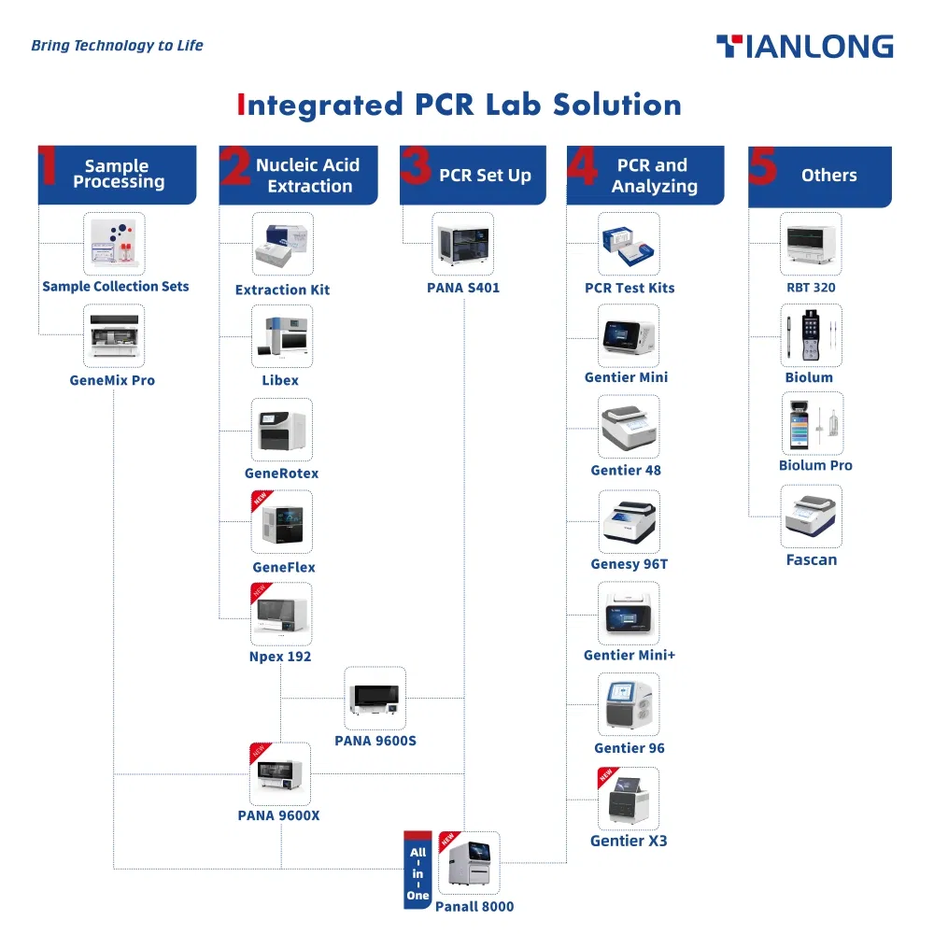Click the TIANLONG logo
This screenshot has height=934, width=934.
pos(804,47)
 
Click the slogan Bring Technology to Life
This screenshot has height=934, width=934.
pos(117,45)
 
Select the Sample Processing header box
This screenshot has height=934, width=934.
pos(118,175)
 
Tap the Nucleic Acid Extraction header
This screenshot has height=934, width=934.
pos(299,175)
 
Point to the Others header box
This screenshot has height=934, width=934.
pos(820,176)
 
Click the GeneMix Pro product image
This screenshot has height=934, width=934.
pos(114,335)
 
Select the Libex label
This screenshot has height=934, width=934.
pos(280,380)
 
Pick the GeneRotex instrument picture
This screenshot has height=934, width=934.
pos(282,430)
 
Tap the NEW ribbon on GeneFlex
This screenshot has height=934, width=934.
pos(260,501)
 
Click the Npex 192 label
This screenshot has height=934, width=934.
pos(280,657)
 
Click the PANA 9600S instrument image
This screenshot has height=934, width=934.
pos(375,698)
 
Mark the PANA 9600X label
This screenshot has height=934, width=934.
pos(278,815)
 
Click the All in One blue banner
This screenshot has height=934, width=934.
pos(417,870)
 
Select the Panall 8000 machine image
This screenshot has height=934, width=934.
pos(469,863)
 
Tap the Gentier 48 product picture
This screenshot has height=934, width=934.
pos(629,427)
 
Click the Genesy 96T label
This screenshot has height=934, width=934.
pos(629,564)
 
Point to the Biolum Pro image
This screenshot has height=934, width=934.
pos(812,423)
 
